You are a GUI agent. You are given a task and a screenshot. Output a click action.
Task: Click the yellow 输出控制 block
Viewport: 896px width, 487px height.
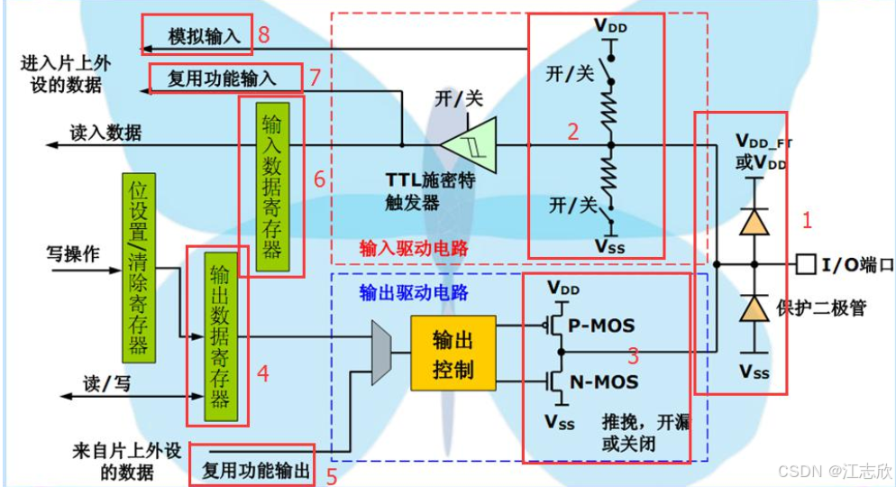[x=452, y=353]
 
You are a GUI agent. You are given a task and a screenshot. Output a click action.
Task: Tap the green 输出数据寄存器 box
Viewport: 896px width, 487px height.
[x=217, y=335]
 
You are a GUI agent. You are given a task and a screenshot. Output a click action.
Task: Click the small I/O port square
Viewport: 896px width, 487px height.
[x=804, y=265]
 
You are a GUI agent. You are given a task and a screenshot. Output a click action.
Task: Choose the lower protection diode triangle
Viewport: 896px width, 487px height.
[x=754, y=309]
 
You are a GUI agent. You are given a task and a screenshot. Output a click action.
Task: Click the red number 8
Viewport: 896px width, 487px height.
[x=264, y=35]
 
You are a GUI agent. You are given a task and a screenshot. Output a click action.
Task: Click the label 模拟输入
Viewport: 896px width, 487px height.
[x=206, y=36]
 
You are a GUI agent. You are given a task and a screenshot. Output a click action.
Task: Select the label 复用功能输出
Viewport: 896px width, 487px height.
[x=256, y=470]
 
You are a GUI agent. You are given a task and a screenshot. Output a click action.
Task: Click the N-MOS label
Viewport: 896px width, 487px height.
[x=605, y=382]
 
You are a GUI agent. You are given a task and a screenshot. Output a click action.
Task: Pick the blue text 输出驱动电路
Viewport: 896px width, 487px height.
[x=414, y=292]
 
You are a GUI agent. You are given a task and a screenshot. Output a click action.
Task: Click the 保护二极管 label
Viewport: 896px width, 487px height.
[x=821, y=308]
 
